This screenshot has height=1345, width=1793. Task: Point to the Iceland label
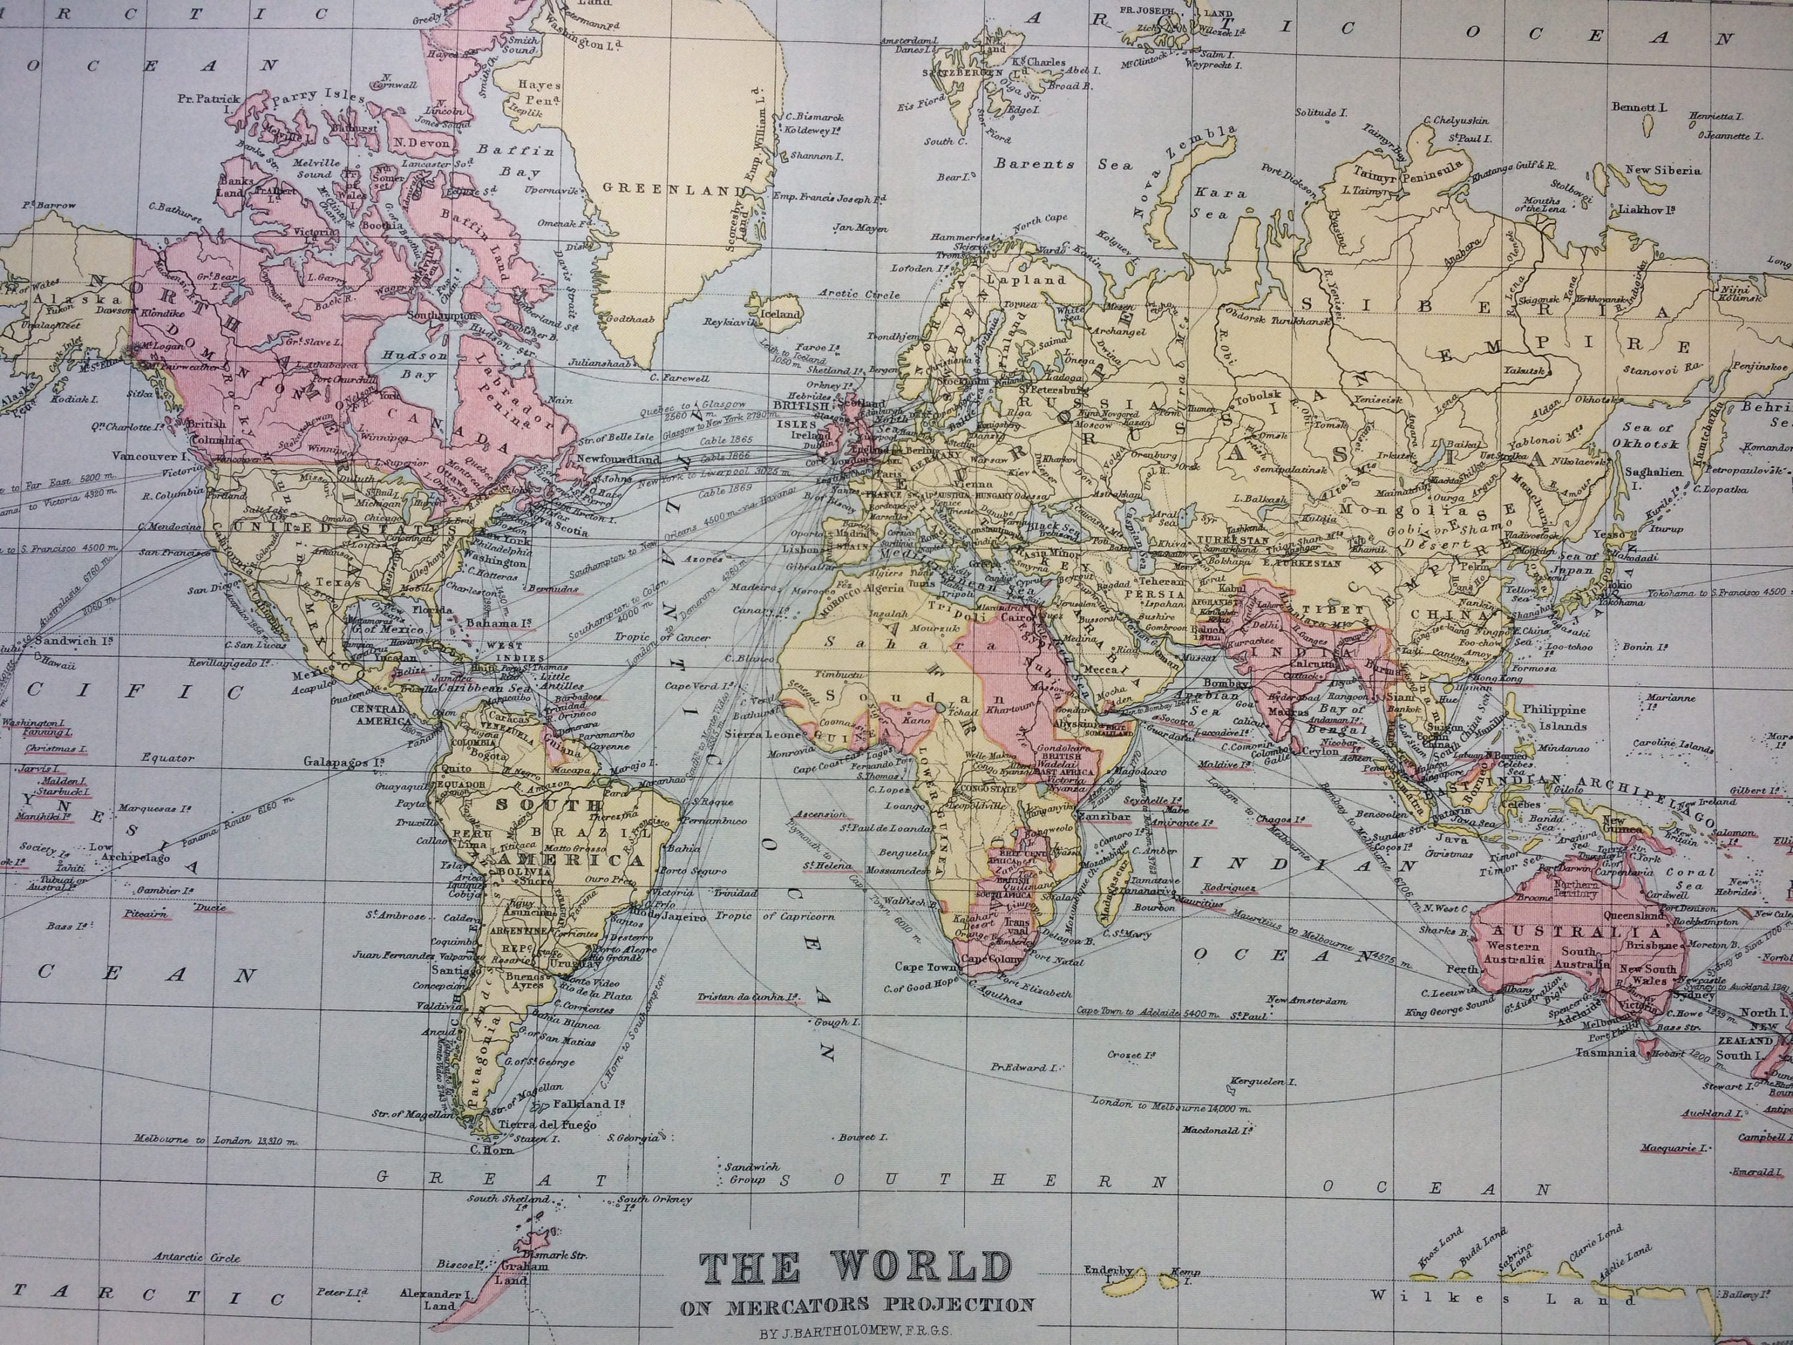(781, 314)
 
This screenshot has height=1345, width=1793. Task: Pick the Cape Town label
(922, 967)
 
